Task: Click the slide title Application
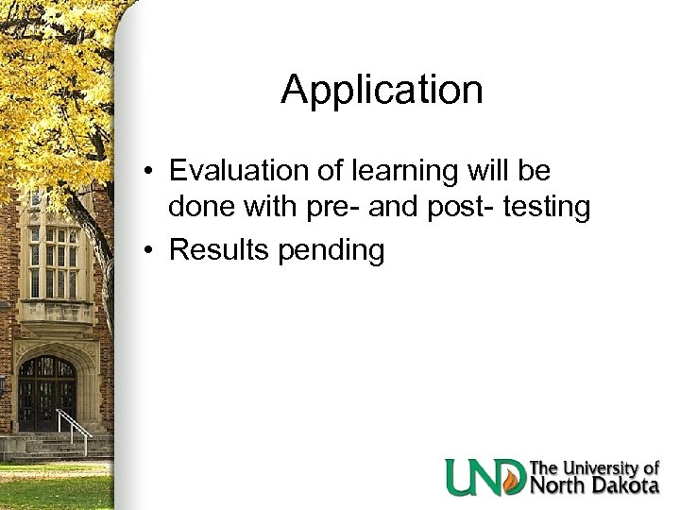382,91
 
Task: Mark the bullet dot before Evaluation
150,173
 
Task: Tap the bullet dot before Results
150,251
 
